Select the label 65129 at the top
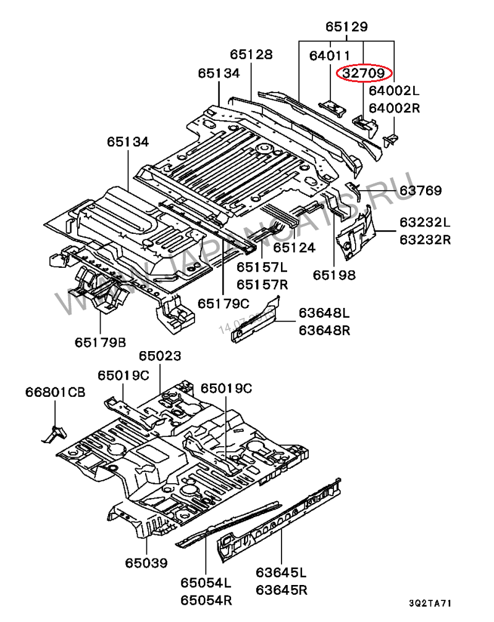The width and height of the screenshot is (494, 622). [x=346, y=27]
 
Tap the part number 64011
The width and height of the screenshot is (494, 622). [x=330, y=56]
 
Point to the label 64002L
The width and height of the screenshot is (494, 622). [x=394, y=91]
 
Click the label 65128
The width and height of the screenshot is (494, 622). [x=251, y=55]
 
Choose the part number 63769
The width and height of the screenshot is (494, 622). [x=420, y=191]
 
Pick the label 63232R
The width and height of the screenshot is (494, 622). [x=424, y=239]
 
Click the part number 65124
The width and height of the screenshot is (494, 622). [x=294, y=248]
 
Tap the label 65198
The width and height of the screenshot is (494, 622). [x=333, y=275]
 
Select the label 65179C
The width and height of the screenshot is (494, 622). [x=223, y=304]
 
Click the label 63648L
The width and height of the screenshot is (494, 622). [x=324, y=314]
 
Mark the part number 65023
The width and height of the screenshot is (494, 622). [x=159, y=356]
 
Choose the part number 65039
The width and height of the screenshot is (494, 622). [x=146, y=563]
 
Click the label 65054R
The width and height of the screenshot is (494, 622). [x=206, y=599]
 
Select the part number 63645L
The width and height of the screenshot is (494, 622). [x=282, y=573]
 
